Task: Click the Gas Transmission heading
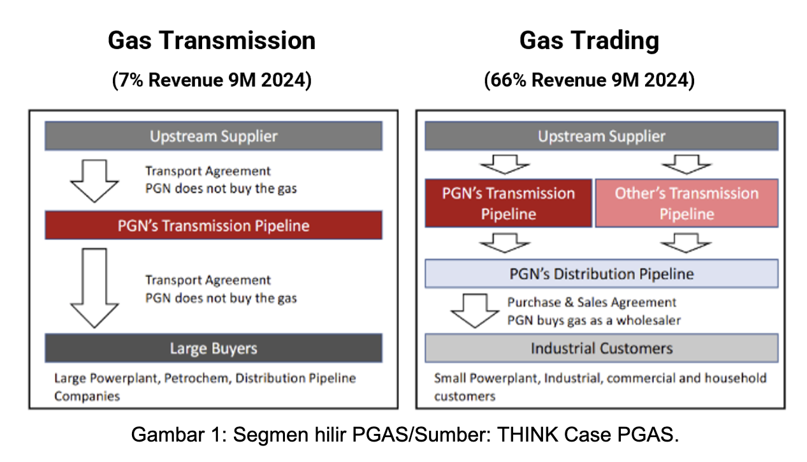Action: [212, 40]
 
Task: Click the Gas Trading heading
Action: [590, 41]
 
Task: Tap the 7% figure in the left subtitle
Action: [131, 80]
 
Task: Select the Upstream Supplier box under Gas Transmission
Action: [214, 136]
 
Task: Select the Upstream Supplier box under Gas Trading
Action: [602, 136]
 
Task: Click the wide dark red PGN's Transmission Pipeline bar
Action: [214, 225]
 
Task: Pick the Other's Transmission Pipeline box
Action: [687, 204]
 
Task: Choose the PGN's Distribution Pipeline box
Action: [602, 274]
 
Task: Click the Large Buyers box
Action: [214, 348]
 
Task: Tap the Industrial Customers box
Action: [602, 348]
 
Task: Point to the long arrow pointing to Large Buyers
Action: [94, 288]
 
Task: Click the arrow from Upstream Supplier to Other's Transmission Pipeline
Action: [687, 165]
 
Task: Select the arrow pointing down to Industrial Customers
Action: [475, 311]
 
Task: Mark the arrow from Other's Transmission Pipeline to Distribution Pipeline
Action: [686, 243]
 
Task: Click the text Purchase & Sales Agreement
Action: [592, 302]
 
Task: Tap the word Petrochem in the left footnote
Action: [198, 378]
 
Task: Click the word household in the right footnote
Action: [736, 378]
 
